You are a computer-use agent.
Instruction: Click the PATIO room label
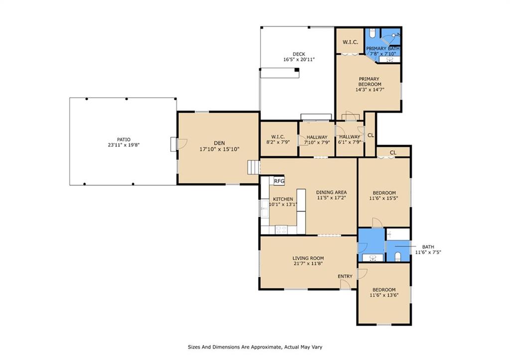point(124,139)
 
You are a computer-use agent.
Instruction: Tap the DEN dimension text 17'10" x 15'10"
point(219,149)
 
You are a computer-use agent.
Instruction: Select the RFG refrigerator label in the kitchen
point(279,181)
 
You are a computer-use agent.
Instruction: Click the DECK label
point(299,54)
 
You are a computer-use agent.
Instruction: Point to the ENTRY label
point(345,276)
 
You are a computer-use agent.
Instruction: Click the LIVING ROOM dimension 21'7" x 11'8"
point(308,264)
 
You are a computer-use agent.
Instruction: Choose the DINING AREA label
point(331,192)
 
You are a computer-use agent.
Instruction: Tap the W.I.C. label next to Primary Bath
point(350,42)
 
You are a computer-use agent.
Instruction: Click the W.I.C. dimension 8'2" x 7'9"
point(278,142)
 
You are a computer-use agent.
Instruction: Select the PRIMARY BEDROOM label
point(370,81)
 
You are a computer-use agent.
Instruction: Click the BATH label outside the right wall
point(428,247)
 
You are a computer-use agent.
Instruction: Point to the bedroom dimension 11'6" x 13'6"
point(384,295)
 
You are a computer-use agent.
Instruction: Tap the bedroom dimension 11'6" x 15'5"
point(384,198)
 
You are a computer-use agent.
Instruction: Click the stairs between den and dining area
point(254,167)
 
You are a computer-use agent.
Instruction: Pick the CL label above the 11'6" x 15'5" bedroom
point(393,152)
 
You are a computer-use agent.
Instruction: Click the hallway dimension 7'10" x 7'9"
point(317,142)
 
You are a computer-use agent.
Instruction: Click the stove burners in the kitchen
point(281,230)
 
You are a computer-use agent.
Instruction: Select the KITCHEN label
point(283,199)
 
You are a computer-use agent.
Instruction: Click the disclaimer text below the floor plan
point(255,347)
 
